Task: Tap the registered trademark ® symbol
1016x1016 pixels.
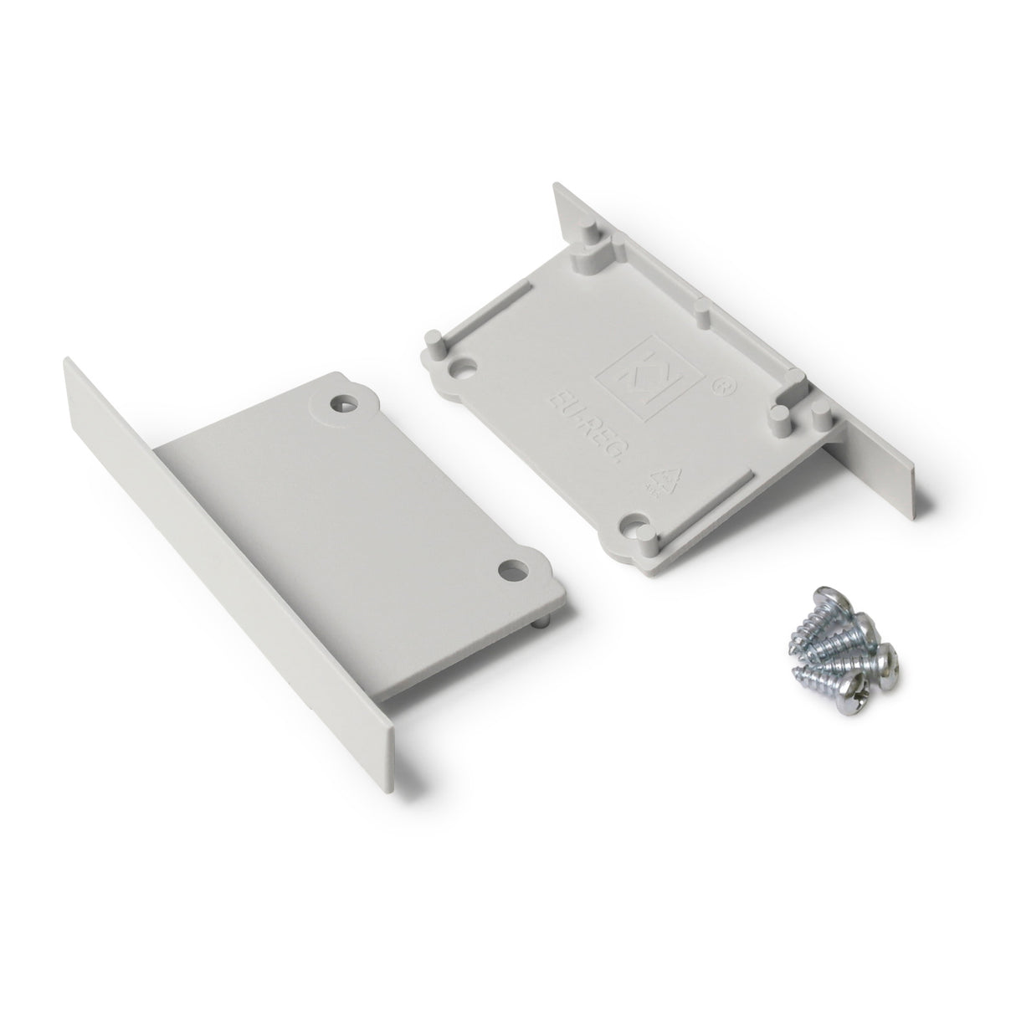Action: (716, 387)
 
